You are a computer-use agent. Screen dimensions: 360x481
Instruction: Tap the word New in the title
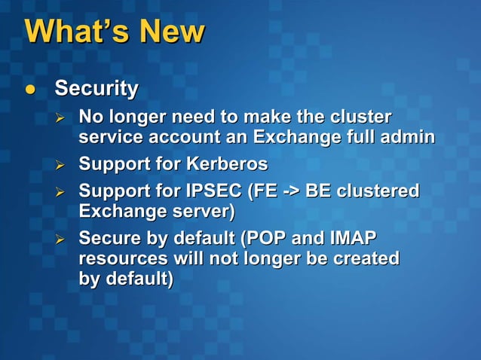170,32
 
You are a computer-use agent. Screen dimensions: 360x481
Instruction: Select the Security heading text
97,89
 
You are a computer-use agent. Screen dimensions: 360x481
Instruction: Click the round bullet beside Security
30,90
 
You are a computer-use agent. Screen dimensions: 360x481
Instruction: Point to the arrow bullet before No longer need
63,118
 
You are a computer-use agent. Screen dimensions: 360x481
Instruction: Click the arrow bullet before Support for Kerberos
63,164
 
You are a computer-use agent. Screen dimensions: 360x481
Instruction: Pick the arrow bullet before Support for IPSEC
63,192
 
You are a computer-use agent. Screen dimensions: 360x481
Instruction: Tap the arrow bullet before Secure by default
63,240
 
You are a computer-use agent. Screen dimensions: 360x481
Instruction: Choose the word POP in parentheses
265,239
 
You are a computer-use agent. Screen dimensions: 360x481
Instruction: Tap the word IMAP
353,239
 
